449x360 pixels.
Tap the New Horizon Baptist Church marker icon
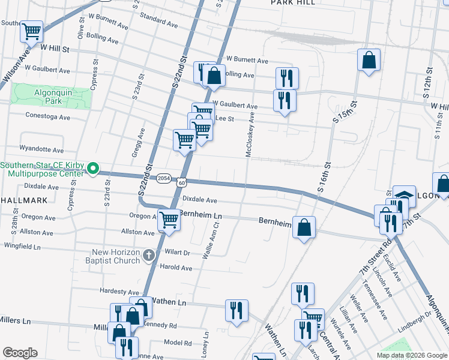[149, 256]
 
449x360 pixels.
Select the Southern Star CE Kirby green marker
[93, 169]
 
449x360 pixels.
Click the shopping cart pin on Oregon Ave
[169, 220]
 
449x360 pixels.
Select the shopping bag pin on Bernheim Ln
[304, 227]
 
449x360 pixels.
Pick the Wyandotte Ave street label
[41, 149]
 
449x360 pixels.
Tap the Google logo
[20, 353]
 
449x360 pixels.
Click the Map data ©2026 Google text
[411, 355]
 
